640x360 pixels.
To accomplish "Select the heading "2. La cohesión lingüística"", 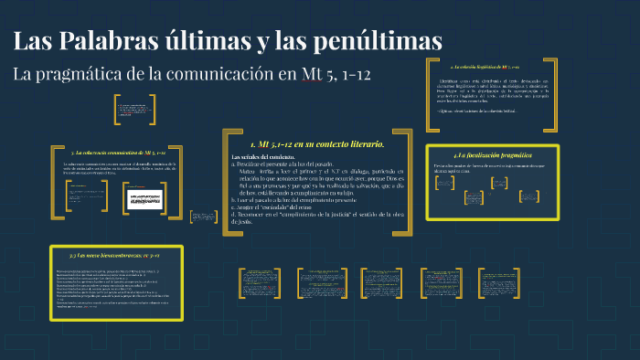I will [485, 68].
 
